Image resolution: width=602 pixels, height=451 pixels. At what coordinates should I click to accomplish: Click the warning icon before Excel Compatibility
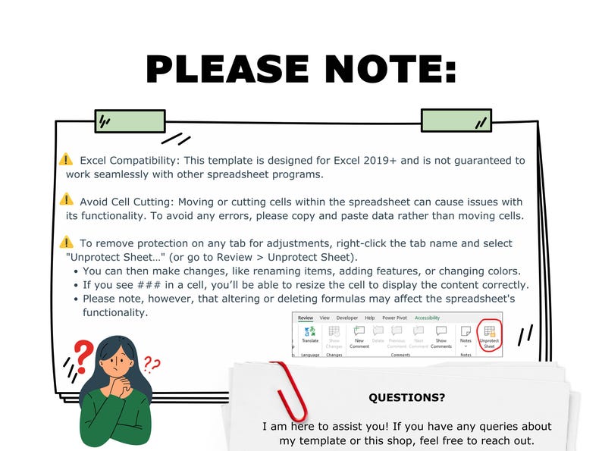[66, 160]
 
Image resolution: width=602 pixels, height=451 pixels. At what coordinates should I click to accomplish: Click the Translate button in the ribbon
[309, 334]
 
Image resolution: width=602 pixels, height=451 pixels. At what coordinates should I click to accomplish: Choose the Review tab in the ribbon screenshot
[305, 318]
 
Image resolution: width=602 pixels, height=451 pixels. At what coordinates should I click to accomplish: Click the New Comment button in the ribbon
[359, 336]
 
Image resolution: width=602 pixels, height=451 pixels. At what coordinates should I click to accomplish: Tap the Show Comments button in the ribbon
[441, 336]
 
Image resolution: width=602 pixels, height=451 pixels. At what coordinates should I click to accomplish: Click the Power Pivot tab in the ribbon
[394, 318]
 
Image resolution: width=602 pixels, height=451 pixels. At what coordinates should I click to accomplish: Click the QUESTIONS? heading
[406, 397]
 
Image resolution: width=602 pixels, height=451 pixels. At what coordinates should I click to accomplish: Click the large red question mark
[84, 354]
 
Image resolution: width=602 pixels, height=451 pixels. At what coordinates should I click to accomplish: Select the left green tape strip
[130, 121]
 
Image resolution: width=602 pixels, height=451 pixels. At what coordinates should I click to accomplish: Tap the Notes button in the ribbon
[466, 337]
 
